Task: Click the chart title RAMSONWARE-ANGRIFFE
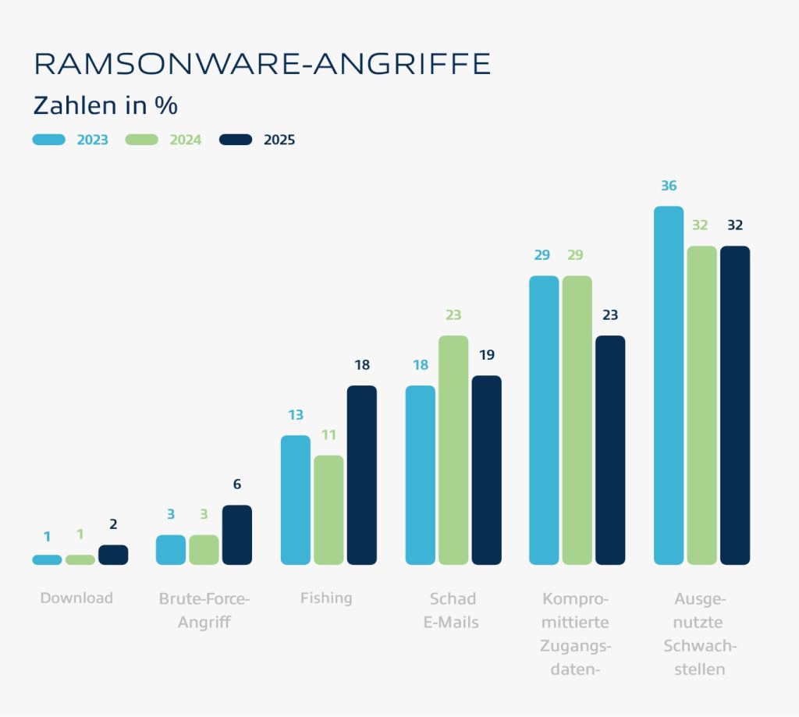(x=262, y=64)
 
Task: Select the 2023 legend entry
(x=70, y=140)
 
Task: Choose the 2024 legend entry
(x=163, y=140)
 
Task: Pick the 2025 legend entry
(x=257, y=140)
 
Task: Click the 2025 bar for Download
(x=113, y=555)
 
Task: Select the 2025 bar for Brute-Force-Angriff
(x=237, y=535)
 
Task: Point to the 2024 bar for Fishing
(x=328, y=510)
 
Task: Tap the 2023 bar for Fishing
(x=295, y=500)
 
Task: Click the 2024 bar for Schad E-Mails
(x=453, y=450)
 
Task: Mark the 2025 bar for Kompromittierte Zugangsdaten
(x=610, y=450)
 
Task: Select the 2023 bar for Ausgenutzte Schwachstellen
(x=669, y=385)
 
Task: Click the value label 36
(x=669, y=186)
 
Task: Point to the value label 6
(x=237, y=485)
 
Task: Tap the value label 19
(x=486, y=355)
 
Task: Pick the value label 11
(x=328, y=435)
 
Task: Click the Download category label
(x=76, y=598)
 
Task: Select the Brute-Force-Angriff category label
(x=204, y=611)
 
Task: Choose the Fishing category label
(x=326, y=598)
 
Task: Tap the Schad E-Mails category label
(x=452, y=611)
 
